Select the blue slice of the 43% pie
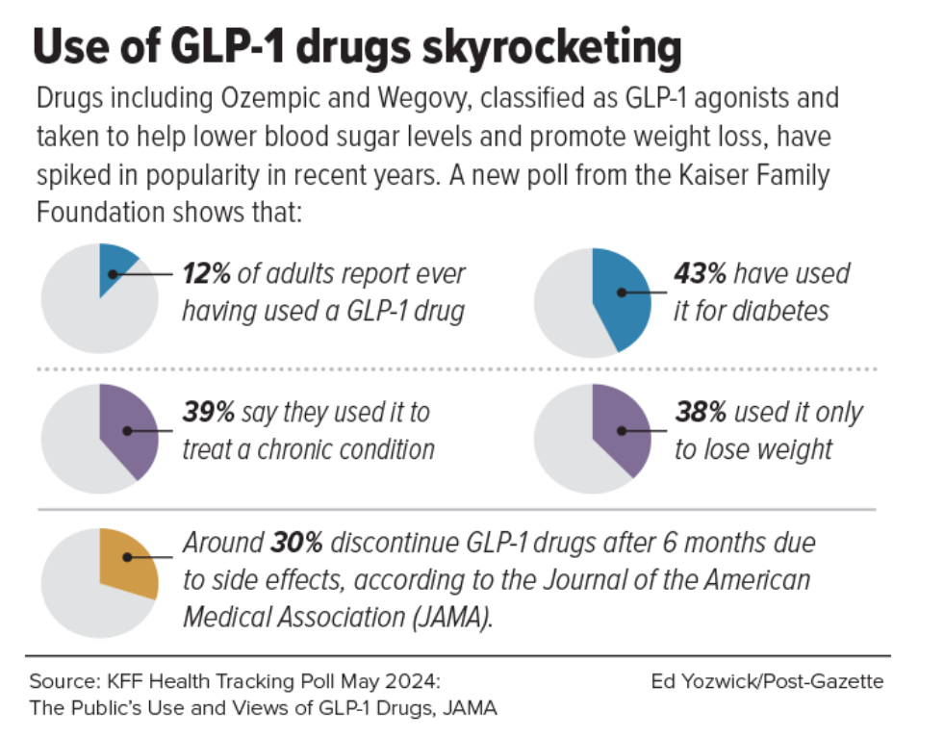coord(619,298)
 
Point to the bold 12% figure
coord(206,274)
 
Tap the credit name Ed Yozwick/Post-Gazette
coord(767,681)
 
